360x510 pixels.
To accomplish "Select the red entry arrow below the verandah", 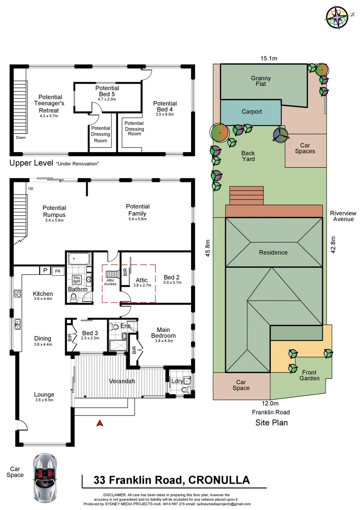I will (100, 423).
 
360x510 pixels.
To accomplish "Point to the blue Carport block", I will (251, 112).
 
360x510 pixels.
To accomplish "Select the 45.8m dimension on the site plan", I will (208, 246).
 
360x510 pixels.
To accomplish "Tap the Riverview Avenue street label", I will (343, 216).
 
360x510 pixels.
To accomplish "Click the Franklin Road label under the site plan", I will (270, 412).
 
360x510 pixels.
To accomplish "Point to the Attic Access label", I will (110, 282).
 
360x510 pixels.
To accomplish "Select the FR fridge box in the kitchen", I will (58, 271).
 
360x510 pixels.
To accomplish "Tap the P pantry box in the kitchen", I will (45, 271).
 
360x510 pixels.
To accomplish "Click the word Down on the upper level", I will (21, 138).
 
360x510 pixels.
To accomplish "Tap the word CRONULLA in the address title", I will (219, 480).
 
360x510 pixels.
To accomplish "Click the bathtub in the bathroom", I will (79, 259).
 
